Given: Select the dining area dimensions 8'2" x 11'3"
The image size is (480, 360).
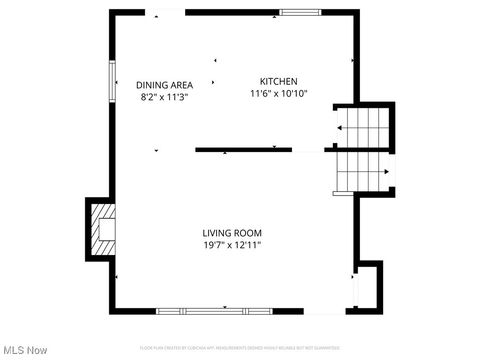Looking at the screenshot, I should coord(163,98).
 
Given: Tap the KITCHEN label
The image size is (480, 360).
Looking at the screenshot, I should coord(278,81).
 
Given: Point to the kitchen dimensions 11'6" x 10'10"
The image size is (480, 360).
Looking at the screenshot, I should coord(278,93).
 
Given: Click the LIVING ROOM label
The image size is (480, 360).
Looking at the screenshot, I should coord(233,233).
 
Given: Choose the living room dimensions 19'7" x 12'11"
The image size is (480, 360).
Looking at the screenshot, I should coord(233,244).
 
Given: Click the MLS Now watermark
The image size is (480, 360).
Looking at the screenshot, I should coord(25,350).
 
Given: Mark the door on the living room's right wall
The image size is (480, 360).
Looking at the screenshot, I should coord(353,290).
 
